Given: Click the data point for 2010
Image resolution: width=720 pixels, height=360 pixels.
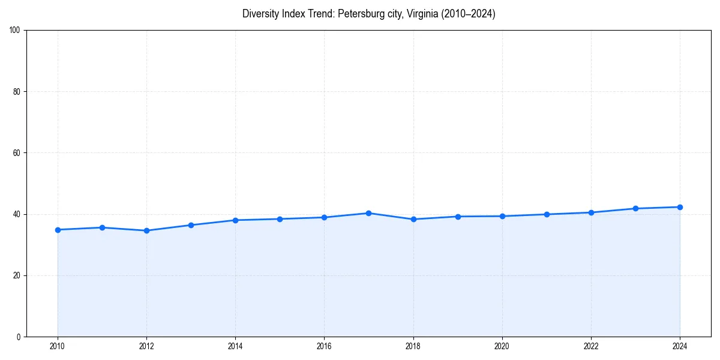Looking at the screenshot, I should point(58,230).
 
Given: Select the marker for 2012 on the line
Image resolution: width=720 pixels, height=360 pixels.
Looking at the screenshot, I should point(146,230).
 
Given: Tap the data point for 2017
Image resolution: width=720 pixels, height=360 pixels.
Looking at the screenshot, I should point(368,213).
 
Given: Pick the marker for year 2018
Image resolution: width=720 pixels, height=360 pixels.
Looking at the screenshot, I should point(413,219).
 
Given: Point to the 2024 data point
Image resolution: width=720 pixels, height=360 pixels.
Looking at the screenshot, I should point(680,207).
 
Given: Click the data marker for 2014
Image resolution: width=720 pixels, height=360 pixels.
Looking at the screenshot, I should point(235,220).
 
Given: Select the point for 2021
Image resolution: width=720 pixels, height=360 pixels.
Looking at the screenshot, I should point(547,214).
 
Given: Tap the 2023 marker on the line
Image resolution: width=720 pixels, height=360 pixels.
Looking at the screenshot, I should point(635,208).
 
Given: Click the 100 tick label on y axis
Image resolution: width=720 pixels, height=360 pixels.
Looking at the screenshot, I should point(15,31).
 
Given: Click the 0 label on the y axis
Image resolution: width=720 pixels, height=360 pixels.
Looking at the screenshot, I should point(19,337).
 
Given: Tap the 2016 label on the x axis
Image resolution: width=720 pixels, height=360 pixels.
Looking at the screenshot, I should point(324,346).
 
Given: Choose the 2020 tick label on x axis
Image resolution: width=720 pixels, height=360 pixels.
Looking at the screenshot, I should point(502,346).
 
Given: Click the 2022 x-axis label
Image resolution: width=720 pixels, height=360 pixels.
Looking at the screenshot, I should point(591,346).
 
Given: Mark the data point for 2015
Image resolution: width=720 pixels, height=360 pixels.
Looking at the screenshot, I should point(280,219).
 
